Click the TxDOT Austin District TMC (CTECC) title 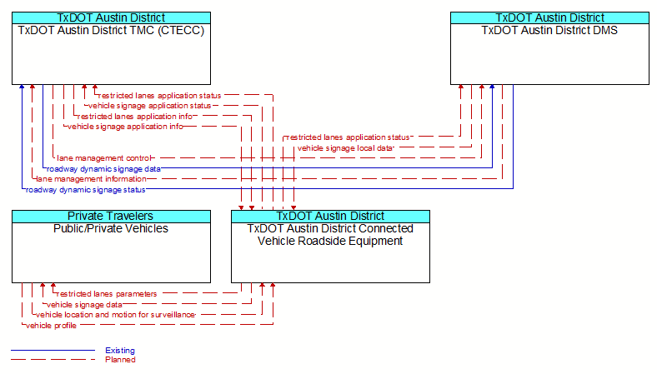(x=111, y=31)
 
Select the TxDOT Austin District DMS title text (x=549, y=31)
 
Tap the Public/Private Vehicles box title (x=111, y=229)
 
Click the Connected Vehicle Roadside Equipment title (x=330, y=235)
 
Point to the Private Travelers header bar (x=111, y=216)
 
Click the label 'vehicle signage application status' (x=149, y=106)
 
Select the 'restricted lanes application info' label (x=135, y=117)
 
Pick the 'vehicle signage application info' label (x=125, y=127)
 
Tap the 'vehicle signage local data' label (x=345, y=148)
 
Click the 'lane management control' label (x=103, y=158)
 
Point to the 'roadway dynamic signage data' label (x=103, y=169)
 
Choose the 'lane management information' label (x=92, y=179)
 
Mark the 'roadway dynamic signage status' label (x=86, y=190)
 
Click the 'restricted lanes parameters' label (x=107, y=294)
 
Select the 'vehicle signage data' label (x=84, y=305)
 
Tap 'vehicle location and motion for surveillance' (x=115, y=315)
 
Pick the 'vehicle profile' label (x=51, y=326)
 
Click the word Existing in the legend (x=120, y=351)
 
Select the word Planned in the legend (x=120, y=360)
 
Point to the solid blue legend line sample (x=53, y=350)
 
